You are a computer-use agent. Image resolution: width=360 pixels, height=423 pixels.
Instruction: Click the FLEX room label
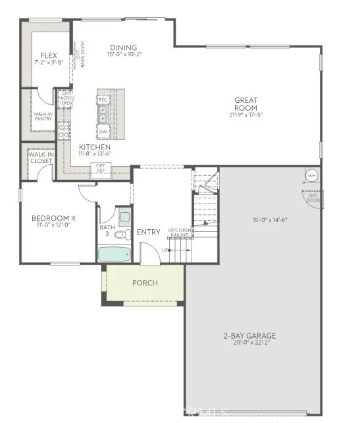click(x=48, y=56)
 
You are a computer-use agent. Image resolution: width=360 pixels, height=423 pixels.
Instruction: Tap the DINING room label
click(x=124, y=47)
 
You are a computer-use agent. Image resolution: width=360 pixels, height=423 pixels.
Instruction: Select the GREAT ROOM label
click(x=245, y=104)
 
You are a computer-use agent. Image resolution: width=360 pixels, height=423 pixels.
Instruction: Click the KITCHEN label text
click(x=95, y=147)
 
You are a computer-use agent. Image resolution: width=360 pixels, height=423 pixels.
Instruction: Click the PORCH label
click(x=145, y=283)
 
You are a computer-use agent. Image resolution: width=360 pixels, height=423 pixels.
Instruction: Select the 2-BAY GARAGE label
click(x=249, y=336)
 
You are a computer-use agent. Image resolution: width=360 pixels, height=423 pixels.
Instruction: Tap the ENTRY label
click(x=149, y=232)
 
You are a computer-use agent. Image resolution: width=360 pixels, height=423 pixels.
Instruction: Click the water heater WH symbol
click(x=311, y=176)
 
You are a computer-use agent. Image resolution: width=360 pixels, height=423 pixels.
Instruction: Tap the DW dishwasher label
click(x=103, y=131)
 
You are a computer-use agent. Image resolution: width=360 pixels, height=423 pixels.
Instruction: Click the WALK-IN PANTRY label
click(x=43, y=116)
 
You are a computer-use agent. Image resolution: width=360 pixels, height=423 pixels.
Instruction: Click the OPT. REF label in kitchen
click(x=101, y=169)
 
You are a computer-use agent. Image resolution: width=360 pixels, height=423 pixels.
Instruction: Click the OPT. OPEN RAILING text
click(x=180, y=232)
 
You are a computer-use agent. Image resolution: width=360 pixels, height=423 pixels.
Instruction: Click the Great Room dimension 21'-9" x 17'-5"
click(x=245, y=115)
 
